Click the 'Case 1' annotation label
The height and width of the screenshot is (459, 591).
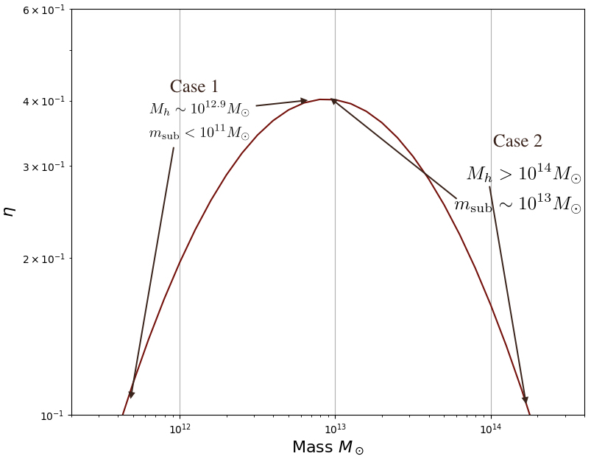pos(194,87)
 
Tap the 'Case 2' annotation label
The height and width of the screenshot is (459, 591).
pos(517,141)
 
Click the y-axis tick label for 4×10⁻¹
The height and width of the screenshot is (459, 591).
pos(45,101)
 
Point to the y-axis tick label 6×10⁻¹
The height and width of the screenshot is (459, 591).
pos(45,10)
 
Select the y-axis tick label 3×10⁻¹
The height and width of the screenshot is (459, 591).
pos(45,167)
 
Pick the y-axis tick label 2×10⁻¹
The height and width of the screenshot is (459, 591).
pos(45,259)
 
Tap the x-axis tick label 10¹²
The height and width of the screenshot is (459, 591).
pos(180,430)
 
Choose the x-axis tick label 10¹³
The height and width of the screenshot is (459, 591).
pos(335,430)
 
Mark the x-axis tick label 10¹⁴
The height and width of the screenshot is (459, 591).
pos(491,430)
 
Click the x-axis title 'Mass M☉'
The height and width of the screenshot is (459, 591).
pos(328,447)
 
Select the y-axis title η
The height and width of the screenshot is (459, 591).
pos(10,211)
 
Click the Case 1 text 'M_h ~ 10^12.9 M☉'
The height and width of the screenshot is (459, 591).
pos(199,110)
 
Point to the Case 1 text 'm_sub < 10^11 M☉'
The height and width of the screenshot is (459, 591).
pos(199,133)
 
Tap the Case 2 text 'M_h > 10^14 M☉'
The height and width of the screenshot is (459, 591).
pos(523,175)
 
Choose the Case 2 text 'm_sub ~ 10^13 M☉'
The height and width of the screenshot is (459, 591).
pos(517,205)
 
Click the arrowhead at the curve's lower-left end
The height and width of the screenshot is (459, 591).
pos(131,394)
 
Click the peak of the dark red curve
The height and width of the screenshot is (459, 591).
pos(322,99)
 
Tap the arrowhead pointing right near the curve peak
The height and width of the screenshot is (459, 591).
pos(304,100)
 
